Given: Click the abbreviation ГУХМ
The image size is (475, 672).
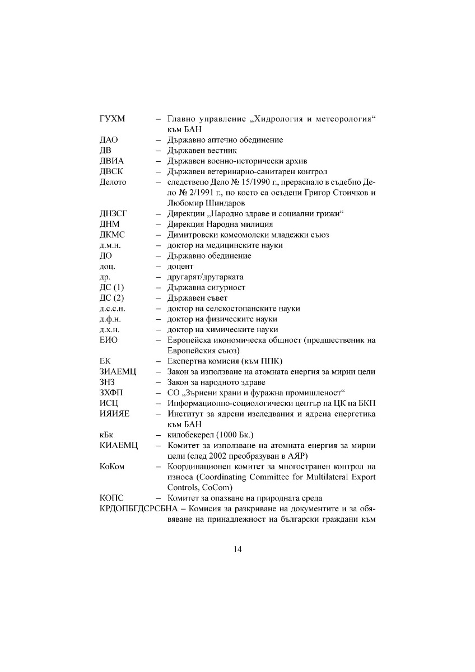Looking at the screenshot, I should [112, 119].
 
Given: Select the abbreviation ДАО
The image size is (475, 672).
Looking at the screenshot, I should [109, 140].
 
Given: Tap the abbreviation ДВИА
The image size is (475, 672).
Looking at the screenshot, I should [111, 161].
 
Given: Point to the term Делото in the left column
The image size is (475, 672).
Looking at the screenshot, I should [113, 182].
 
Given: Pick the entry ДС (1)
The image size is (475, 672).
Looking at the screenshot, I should [111, 287].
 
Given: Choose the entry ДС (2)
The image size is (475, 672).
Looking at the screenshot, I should [111, 298].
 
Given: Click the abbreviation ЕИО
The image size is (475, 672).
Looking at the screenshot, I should [109, 340].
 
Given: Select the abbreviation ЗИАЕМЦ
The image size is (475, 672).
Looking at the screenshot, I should [118, 372].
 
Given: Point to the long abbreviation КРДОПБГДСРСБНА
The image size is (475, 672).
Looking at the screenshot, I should [134, 509].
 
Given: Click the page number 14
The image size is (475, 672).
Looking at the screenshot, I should [237, 549].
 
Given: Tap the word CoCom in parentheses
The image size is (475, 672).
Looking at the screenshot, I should [213, 488].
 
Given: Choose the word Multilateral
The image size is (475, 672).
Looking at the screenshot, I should [324, 477].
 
